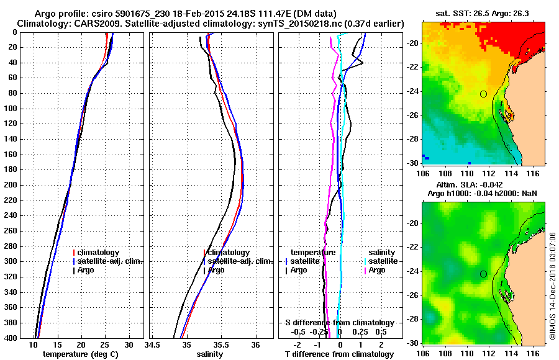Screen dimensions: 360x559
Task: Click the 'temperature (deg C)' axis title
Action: click(80, 354)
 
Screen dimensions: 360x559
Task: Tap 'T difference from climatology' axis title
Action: click(339, 354)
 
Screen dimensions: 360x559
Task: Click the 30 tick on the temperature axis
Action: click(129, 344)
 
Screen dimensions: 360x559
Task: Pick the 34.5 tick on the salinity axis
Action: click(152, 344)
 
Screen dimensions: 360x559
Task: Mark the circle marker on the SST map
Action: click(483, 94)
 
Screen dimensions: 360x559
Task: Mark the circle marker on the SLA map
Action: click(483, 274)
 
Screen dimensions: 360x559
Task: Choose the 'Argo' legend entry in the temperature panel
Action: click(87, 270)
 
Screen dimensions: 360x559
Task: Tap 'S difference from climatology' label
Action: click(339, 323)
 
